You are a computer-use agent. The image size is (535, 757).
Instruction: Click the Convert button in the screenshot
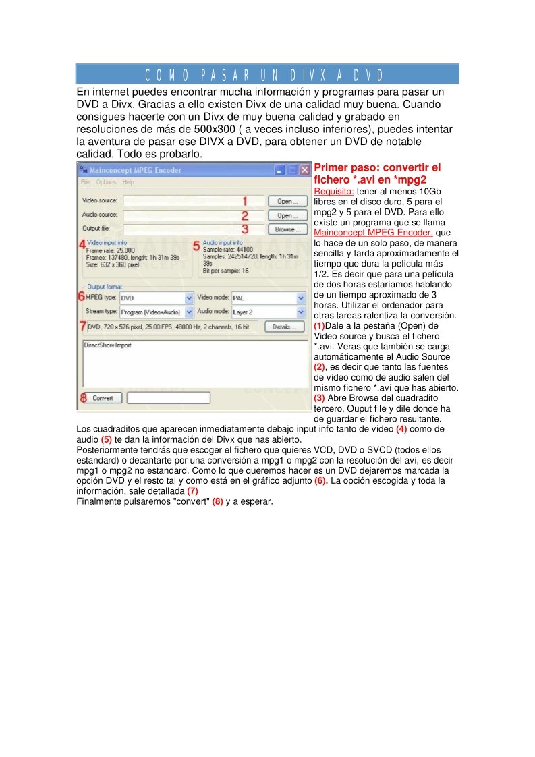coord(103,398)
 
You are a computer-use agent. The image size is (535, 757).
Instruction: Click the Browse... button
coord(287,229)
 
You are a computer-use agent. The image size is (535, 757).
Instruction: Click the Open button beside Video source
coord(287,201)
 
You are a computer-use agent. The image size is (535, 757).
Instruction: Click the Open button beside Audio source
coord(287,215)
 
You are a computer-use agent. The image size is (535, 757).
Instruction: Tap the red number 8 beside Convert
coord(83,398)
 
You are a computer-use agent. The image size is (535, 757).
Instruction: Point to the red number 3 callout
coord(246,229)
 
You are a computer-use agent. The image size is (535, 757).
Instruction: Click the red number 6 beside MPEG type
coord(81,296)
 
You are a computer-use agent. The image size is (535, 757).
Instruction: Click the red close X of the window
coord(304,171)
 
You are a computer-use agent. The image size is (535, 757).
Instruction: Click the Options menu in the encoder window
coord(105,182)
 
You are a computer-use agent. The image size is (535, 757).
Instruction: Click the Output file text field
coord(182,229)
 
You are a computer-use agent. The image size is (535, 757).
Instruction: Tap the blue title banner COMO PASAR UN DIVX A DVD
coord(267,74)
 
